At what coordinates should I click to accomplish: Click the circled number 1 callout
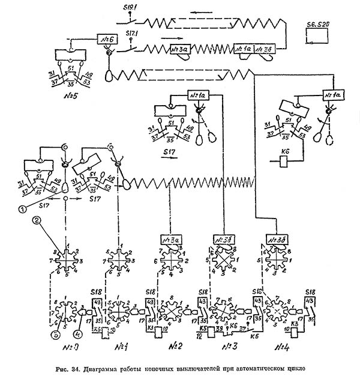coord(21,210)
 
